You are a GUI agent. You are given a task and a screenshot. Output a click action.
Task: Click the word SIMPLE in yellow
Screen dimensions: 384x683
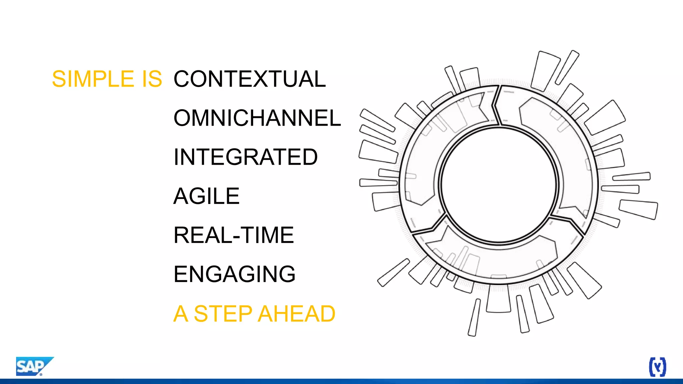click(93, 79)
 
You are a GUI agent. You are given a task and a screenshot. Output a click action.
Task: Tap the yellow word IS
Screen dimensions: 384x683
click(152, 79)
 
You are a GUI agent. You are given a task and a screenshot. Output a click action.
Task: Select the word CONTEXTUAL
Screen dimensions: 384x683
click(249, 79)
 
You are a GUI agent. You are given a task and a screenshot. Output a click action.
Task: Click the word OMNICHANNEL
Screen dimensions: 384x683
click(257, 118)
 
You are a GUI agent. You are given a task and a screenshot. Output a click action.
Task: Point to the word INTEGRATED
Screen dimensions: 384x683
click(245, 157)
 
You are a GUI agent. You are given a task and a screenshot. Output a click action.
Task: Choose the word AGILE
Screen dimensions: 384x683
click(206, 196)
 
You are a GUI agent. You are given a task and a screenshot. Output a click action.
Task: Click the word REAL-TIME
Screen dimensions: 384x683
click(233, 235)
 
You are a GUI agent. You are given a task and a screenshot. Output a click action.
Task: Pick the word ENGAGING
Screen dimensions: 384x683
click(234, 274)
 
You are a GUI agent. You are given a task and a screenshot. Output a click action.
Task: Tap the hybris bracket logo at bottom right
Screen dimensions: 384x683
click(657, 367)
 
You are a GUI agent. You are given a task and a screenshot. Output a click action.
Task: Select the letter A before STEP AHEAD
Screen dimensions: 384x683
click(180, 314)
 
